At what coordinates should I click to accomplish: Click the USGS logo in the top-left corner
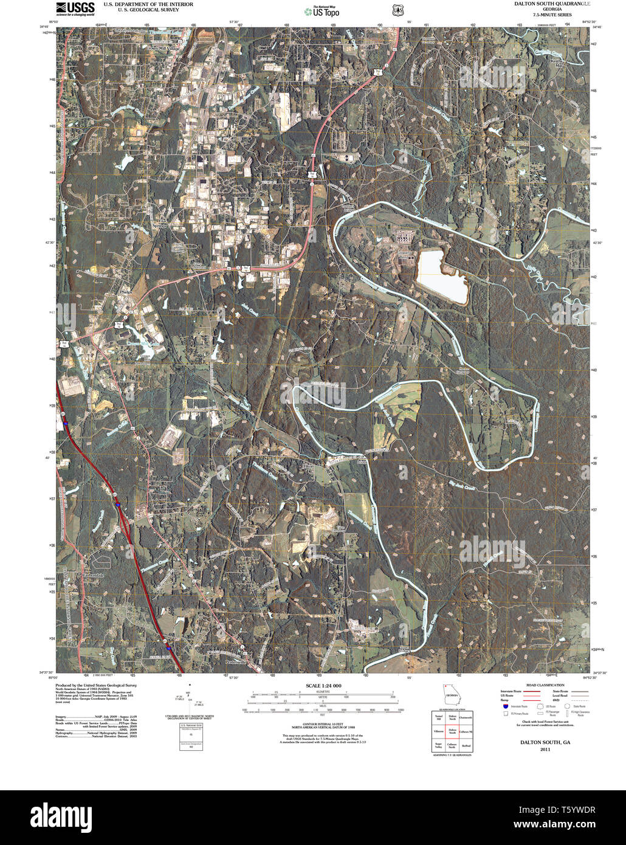click(75, 9)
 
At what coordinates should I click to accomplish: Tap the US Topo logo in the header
click(322, 11)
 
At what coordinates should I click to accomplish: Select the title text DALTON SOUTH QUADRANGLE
click(552, 4)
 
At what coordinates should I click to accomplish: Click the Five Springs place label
click(160, 222)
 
